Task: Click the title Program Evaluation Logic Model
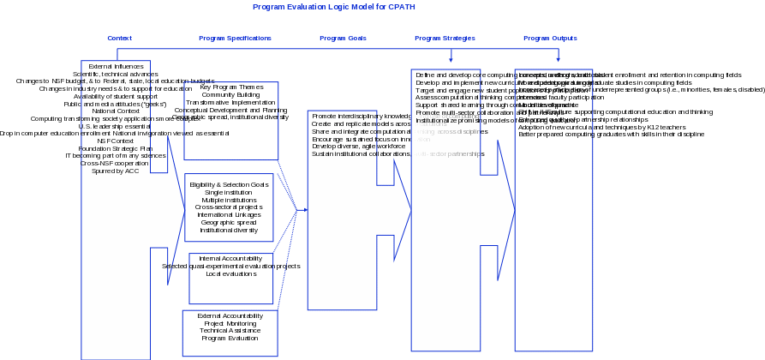[334, 7]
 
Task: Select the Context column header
[118, 39]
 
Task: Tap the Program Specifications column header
[235, 39]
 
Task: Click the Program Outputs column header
[550, 39]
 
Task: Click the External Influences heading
[116, 66]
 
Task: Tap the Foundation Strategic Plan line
[116, 148]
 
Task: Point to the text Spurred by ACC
[116, 171]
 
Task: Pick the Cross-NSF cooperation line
[116, 163]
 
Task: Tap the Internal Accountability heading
[231, 258]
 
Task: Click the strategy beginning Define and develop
[445, 75]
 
